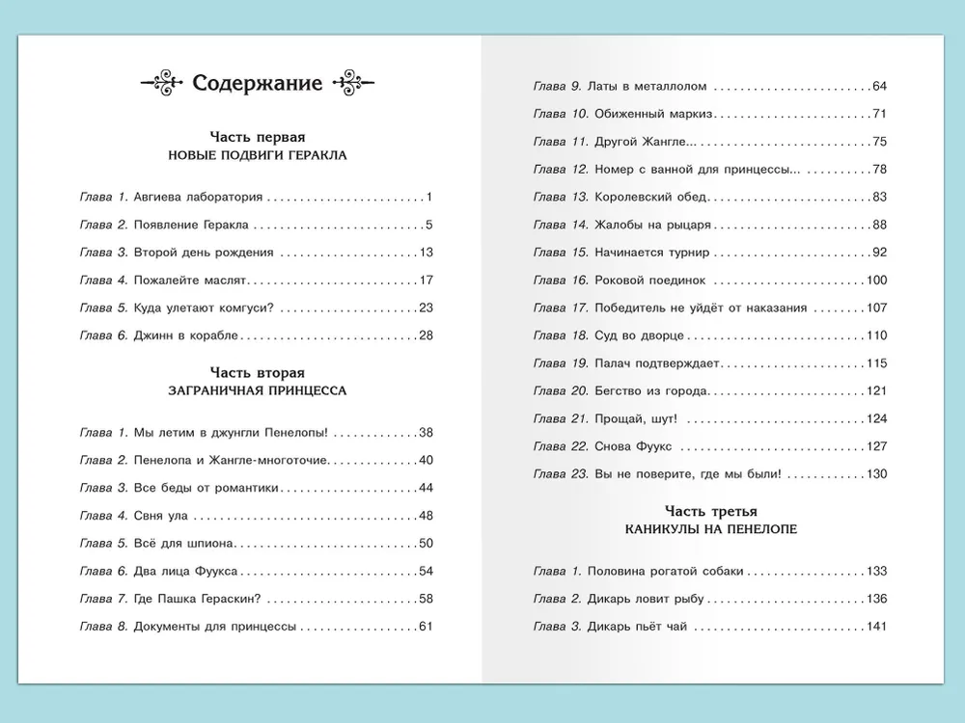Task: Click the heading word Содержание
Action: point(257,83)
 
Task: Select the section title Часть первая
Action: point(257,137)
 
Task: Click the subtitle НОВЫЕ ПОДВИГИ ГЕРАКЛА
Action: point(257,154)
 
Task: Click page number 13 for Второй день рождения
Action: point(426,253)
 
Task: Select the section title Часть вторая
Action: point(257,373)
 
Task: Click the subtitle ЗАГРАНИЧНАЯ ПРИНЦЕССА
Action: point(257,390)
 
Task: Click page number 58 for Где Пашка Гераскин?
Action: point(426,599)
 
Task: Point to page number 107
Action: point(876,308)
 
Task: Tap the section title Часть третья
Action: point(710,511)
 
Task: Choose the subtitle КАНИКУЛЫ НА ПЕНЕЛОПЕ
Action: point(710,529)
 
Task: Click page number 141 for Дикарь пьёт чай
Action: point(876,627)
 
